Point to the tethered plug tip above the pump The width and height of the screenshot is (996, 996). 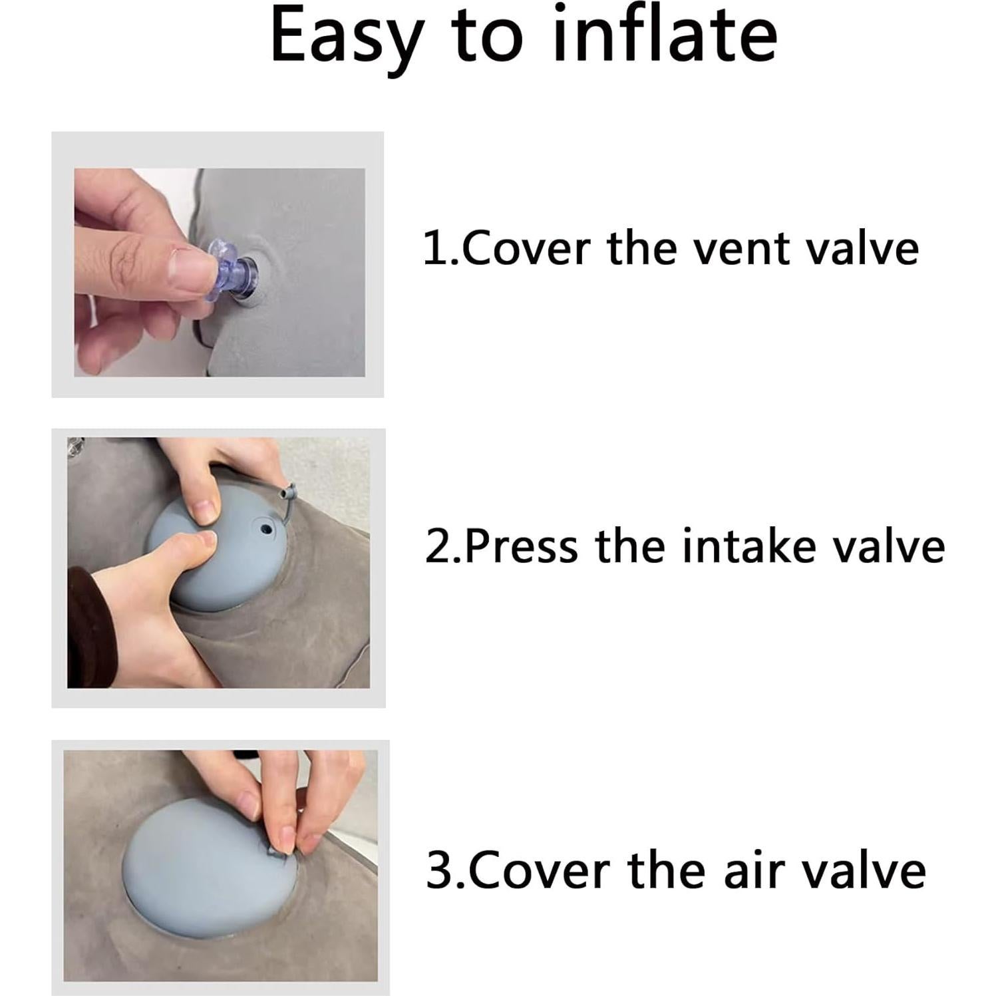pyautogui.click(x=288, y=493)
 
